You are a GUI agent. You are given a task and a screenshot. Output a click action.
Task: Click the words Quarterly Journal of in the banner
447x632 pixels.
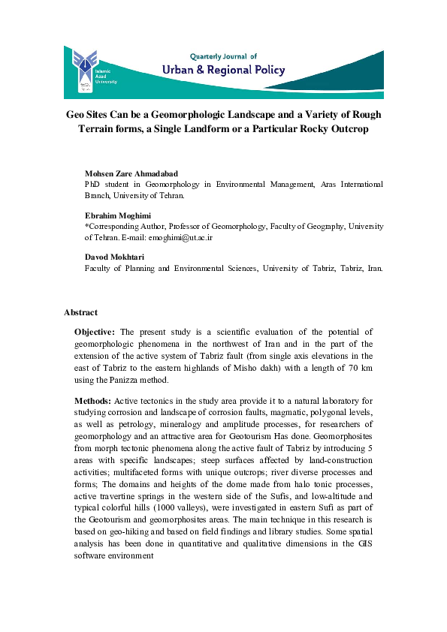223,56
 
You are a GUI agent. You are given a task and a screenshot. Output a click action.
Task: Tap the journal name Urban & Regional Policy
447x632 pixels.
224,70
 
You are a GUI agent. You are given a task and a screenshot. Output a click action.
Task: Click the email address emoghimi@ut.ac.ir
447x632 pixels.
181,237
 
